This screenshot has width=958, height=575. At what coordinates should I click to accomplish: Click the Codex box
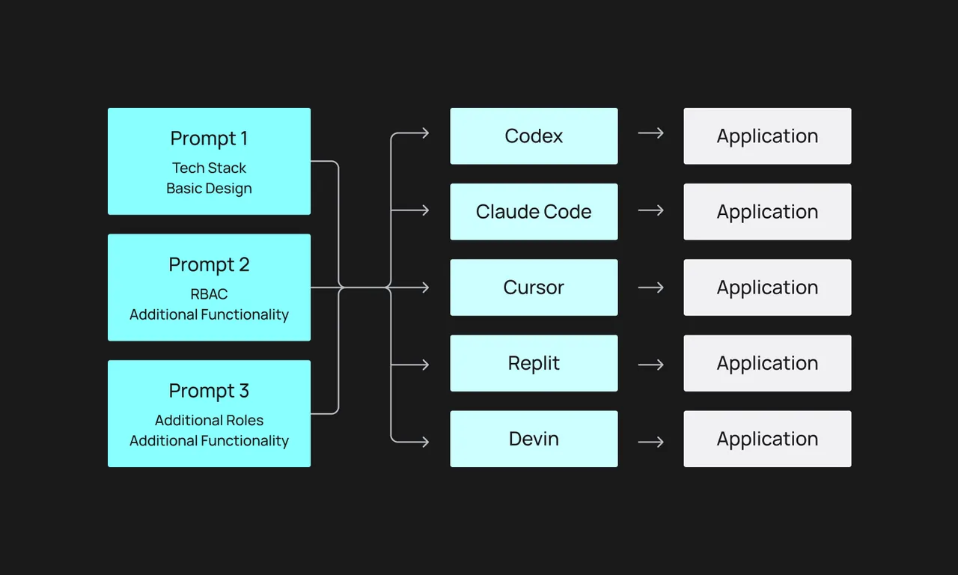pos(534,136)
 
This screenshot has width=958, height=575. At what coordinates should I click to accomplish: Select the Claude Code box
pos(534,212)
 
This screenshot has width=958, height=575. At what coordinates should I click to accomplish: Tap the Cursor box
pos(534,287)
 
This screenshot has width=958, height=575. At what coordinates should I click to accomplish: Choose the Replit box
pos(534,363)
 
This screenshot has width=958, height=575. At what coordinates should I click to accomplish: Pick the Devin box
pos(534,439)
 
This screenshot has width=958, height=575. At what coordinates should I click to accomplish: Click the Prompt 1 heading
pos(209,139)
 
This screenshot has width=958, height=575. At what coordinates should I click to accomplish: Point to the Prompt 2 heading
pos(209,265)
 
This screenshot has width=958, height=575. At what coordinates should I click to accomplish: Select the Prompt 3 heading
pos(209,391)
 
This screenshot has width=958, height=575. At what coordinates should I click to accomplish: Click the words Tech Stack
pos(209,168)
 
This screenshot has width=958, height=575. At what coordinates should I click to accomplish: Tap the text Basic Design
pos(209,188)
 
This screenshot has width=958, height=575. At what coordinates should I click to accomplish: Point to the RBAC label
pos(209,294)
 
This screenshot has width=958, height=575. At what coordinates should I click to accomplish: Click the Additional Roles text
pos(209,420)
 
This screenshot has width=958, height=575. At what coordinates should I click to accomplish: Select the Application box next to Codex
pos(767,136)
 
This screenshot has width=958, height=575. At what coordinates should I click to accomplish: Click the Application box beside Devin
pos(767,439)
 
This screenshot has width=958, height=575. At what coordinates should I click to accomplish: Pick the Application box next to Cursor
pos(767,287)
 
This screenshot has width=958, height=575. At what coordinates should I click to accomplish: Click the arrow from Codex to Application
pos(651,133)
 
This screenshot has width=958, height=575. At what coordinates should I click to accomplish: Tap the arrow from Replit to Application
pos(651,365)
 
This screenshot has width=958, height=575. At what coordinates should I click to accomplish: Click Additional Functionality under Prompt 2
pos(209,314)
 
